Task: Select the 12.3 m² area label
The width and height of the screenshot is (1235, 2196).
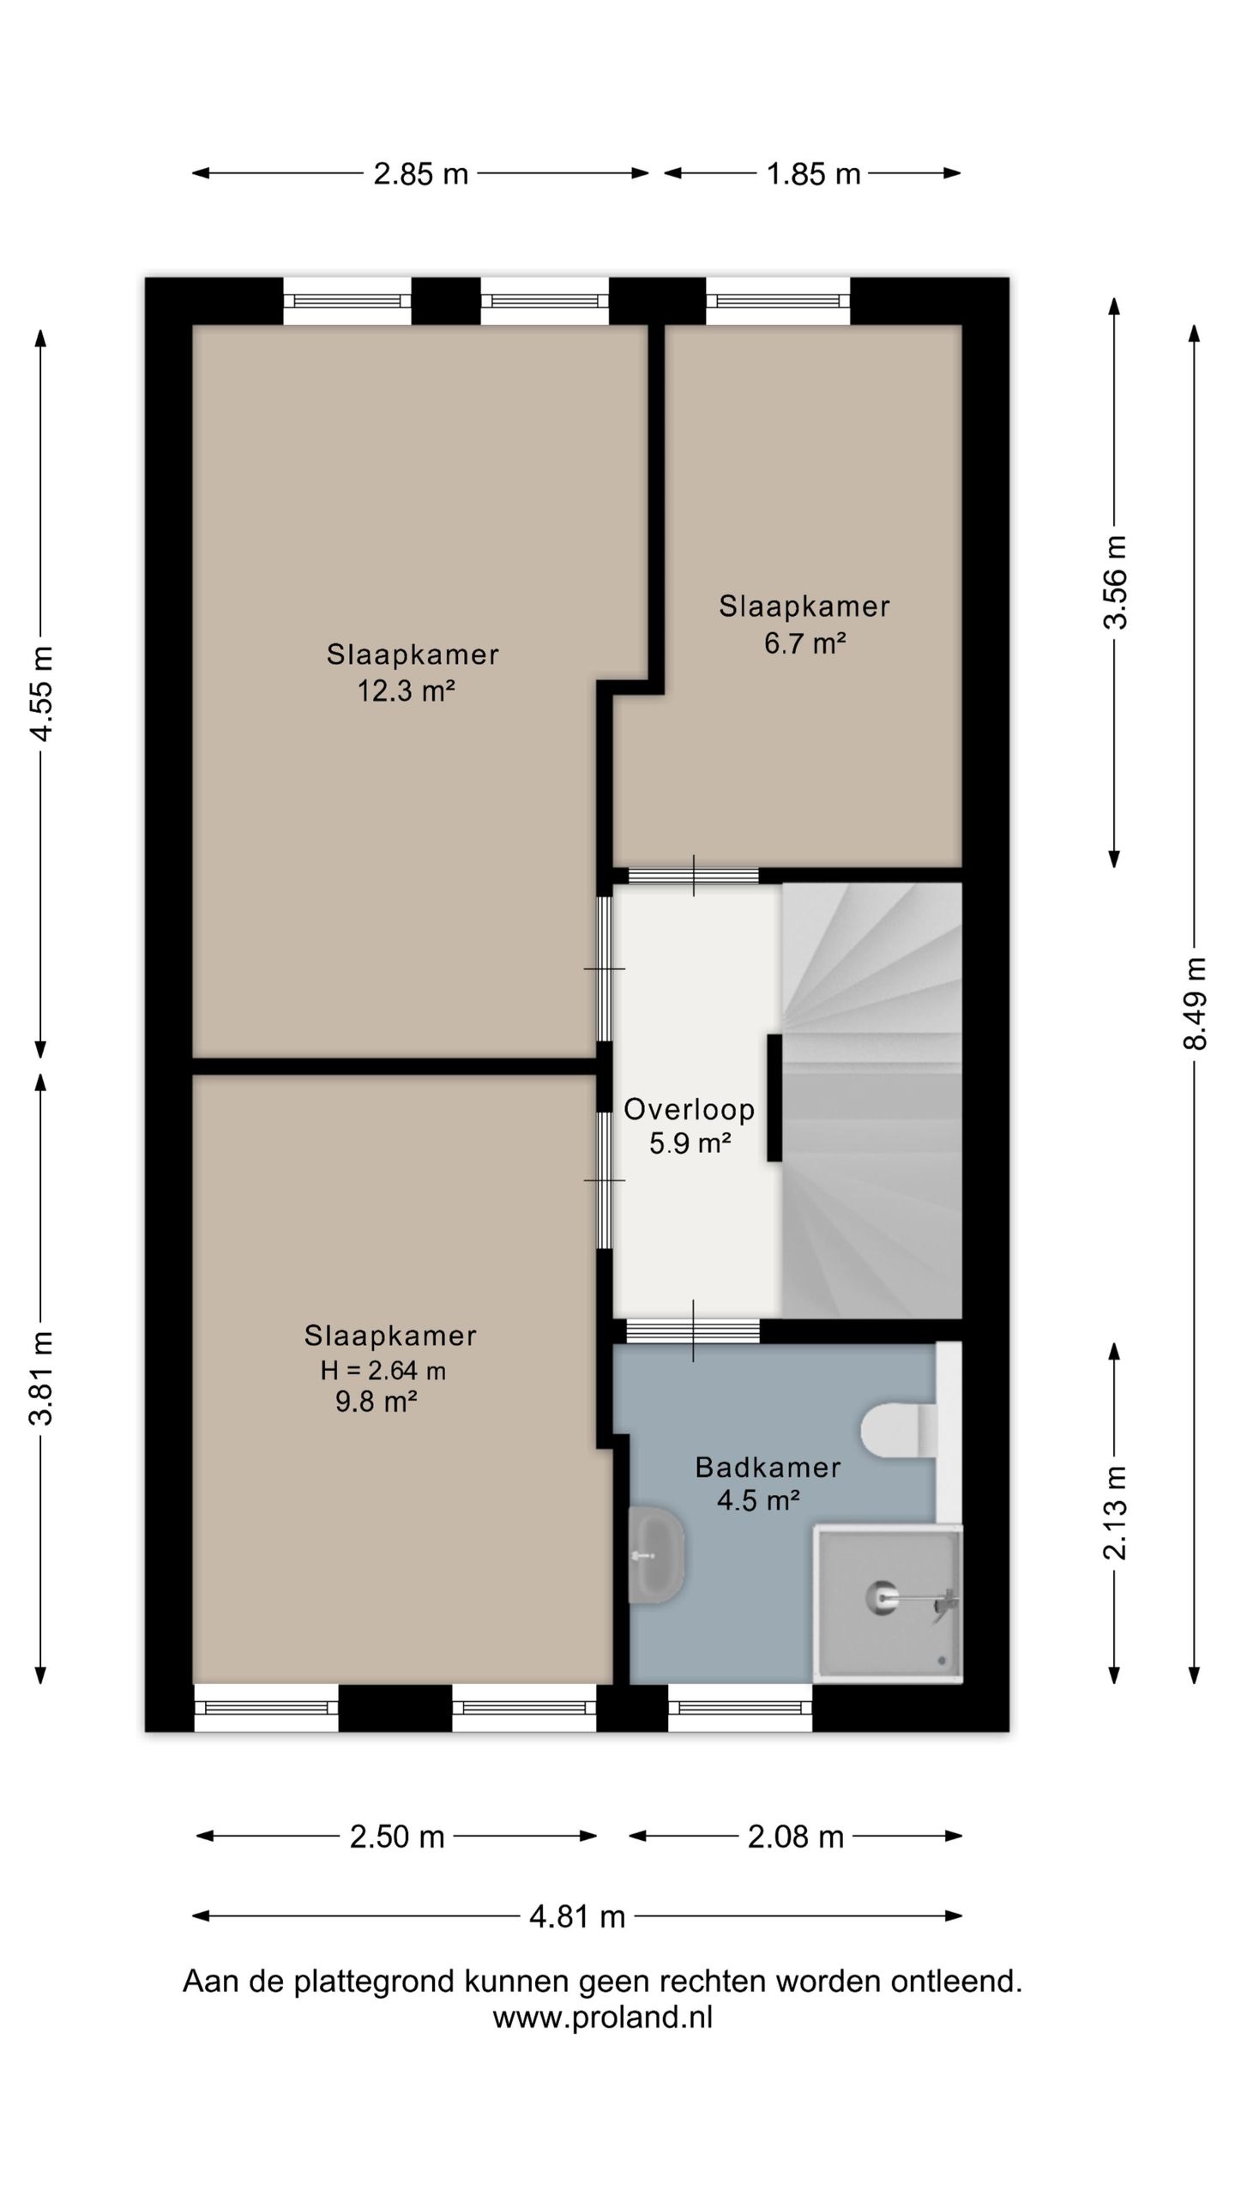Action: [406, 691]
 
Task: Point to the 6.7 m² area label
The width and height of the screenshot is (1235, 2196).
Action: [805, 643]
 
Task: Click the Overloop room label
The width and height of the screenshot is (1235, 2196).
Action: [690, 1109]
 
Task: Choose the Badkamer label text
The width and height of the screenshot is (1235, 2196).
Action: [768, 1467]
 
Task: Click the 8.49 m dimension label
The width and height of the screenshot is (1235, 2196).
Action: [1195, 1003]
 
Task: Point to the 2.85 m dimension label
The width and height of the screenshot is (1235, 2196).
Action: [421, 174]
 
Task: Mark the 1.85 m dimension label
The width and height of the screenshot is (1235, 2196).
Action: [813, 174]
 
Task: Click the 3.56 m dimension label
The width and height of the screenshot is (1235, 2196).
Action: [1115, 582]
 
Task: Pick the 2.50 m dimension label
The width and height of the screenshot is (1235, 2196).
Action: [397, 1837]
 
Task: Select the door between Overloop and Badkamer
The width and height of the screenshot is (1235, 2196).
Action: [693, 1330]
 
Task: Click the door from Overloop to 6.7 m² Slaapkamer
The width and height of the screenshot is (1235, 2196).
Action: [694, 876]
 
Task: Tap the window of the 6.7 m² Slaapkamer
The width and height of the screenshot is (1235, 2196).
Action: [778, 301]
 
